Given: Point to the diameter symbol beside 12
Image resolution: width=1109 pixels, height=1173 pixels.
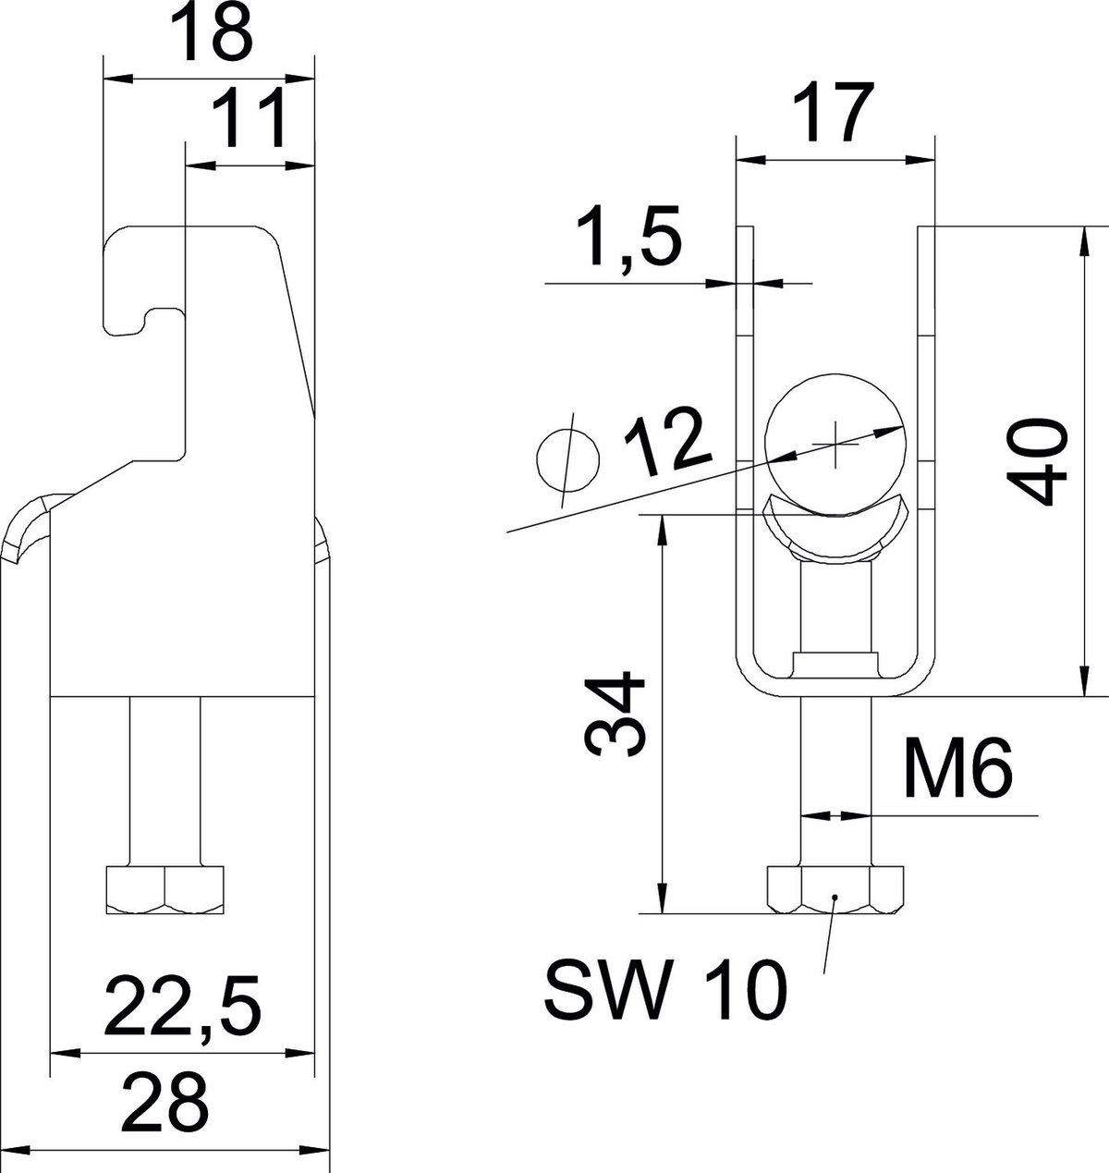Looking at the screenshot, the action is click(568, 460).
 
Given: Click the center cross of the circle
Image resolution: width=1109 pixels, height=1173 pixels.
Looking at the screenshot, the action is click(835, 445).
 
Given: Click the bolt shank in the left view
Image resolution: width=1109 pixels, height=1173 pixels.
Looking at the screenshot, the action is click(165, 780).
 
